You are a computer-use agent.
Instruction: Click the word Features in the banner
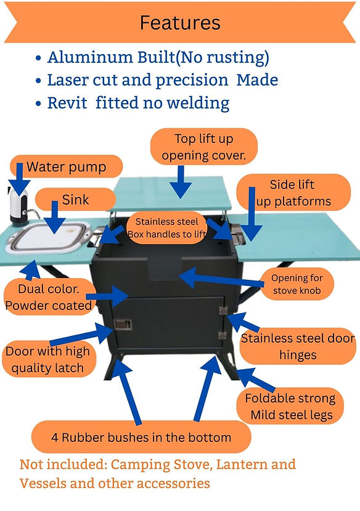(180, 23)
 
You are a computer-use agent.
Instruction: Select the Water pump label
(67, 166)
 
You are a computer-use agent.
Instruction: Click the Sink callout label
(75, 200)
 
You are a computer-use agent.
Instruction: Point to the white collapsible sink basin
(48, 238)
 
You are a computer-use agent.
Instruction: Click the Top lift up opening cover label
(204, 147)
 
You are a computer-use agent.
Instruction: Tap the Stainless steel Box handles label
(166, 228)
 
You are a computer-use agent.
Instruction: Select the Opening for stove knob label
(297, 284)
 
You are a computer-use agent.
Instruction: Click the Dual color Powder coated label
(49, 297)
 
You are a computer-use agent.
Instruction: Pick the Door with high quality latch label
(48, 359)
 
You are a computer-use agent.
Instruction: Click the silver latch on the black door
(123, 324)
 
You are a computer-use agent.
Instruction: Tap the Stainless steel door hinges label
(298, 346)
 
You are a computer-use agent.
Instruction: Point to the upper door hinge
(223, 310)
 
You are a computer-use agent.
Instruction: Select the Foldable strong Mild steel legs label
(290, 406)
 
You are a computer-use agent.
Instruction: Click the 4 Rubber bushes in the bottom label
(141, 437)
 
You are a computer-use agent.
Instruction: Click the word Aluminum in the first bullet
(89, 57)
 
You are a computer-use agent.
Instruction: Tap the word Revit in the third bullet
(67, 103)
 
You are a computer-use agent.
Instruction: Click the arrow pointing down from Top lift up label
(181, 182)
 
